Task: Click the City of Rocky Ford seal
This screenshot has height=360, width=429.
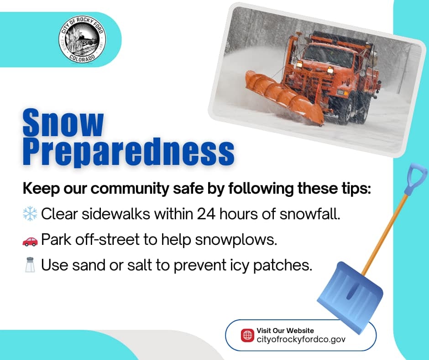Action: [82, 40]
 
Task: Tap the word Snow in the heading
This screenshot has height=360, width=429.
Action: [63, 122]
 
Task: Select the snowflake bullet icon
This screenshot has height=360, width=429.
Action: [30, 214]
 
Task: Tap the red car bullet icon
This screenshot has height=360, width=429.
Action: [30, 241]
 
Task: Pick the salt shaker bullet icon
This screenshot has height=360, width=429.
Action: [30, 265]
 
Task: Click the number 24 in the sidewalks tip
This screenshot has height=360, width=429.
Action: [206, 214]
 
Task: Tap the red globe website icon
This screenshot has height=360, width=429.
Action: [247, 335]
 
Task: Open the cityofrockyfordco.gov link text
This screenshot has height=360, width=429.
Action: [301, 339]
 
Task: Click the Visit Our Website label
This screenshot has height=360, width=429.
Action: [285, 330]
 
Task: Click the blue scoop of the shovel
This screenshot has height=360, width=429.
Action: [350, 296]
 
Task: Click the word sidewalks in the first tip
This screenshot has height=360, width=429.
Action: [116, 214]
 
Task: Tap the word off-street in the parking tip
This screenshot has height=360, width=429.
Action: [107, 239]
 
